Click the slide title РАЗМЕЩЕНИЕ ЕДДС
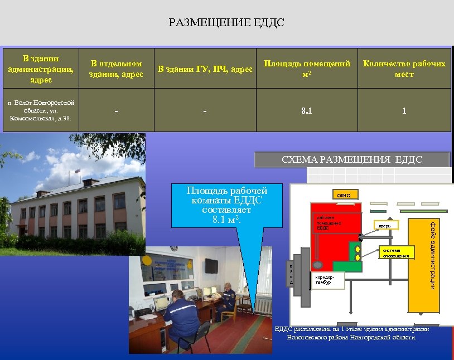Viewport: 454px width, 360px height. tap(226, 23)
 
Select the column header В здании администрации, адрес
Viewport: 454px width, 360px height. tap(41, 69)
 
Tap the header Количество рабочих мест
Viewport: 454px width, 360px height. tap(404, 69)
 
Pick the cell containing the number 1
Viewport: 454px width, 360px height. tap(404, 111)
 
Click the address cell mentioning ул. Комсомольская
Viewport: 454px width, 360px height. tap(41, 110)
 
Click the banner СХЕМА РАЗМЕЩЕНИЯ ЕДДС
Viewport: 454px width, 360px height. tap(352, 160)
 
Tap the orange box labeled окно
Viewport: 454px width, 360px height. tap(344, 195)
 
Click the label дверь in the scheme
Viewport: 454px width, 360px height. tap(385, 226)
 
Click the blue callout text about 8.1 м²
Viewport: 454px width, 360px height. tap(226, 206)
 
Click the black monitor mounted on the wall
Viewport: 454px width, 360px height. tap(210, 265)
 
